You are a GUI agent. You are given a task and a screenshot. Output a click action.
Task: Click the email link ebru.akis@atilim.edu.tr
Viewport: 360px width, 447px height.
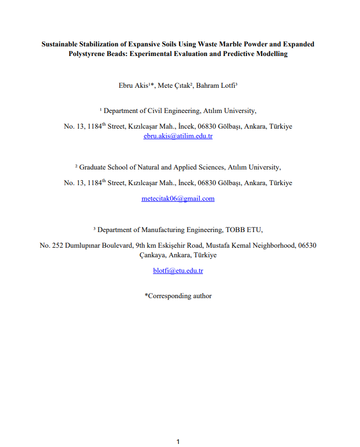pos(178,136)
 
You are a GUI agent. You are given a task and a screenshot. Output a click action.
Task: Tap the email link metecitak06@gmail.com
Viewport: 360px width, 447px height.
pos(178,199)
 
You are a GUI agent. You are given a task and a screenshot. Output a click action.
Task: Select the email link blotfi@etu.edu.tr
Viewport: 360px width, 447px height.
pos(178,271)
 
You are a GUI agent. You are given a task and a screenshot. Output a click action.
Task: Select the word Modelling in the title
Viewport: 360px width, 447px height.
pos(271,54)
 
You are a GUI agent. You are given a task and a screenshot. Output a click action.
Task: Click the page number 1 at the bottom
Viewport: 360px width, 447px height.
pos(178,442)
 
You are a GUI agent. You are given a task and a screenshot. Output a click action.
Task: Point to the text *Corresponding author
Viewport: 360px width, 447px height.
pos(178,296)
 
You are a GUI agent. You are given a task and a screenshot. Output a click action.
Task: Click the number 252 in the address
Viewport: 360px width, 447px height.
pos(57,246)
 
